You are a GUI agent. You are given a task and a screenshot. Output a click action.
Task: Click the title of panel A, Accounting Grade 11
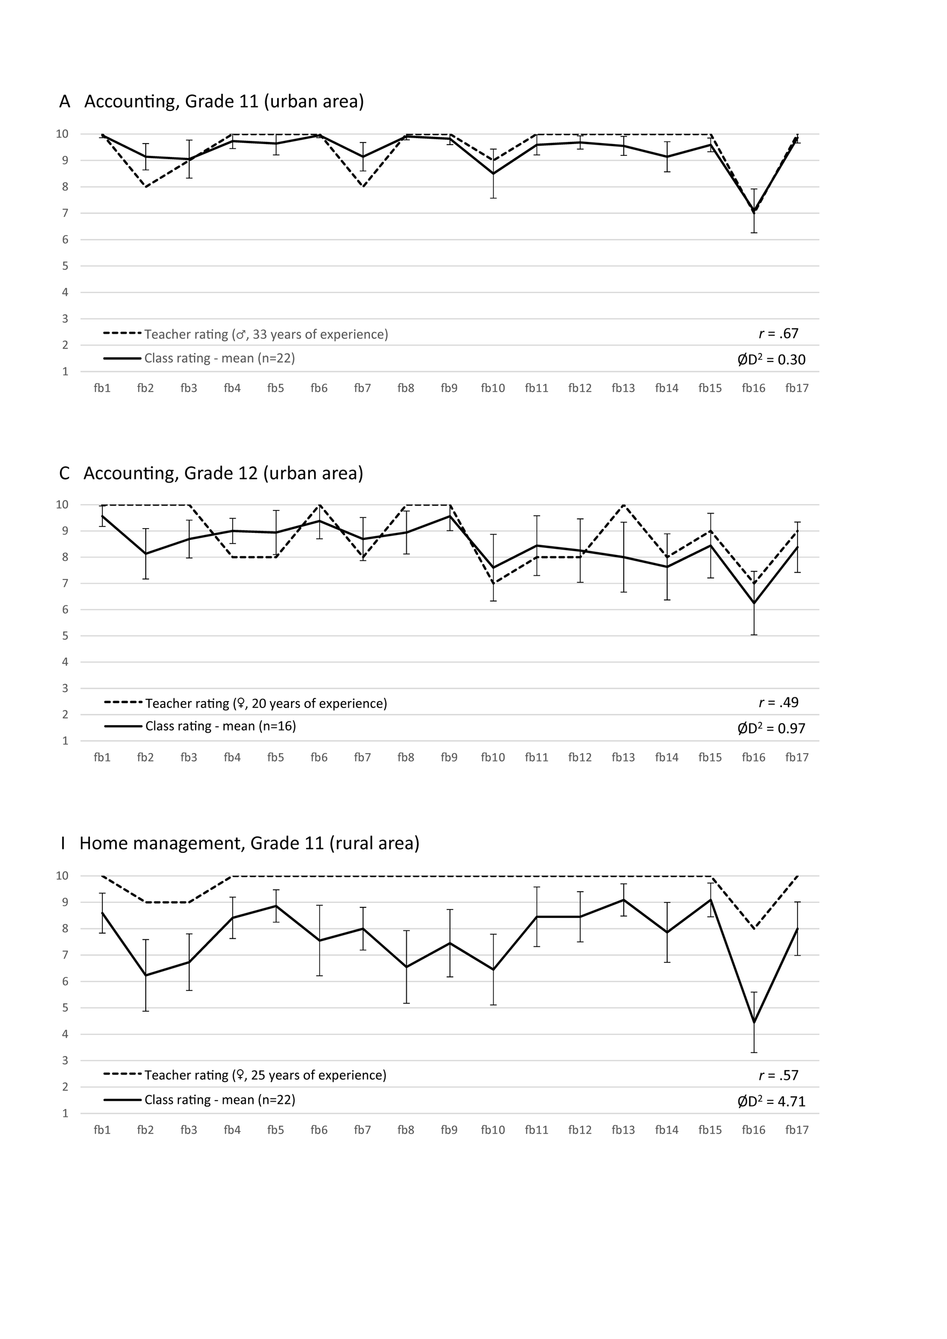(211, 101)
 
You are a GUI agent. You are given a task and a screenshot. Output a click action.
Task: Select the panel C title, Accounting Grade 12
(211, 473)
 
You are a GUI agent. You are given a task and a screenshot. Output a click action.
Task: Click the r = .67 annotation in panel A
(778, 334)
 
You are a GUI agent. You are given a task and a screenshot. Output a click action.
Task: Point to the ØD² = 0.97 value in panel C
(771, 728)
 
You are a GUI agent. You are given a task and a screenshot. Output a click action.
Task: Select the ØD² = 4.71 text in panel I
(771, 1102)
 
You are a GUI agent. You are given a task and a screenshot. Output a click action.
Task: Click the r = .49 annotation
(778, 702)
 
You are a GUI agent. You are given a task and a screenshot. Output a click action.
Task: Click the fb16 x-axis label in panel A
(754, 388)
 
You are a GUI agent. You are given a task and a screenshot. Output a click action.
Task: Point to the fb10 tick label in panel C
(493, 757)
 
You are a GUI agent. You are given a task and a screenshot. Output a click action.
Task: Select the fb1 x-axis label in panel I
(102, 1130)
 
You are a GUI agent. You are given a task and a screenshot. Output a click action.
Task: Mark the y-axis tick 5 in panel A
(65, 266)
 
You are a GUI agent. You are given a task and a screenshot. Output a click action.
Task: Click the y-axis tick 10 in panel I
(62, 876)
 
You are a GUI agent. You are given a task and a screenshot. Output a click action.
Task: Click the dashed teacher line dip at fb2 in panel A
(145, 186)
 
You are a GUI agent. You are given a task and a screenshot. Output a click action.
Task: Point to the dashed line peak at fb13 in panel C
(624, 505)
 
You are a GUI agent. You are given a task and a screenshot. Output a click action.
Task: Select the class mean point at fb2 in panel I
(145, 975)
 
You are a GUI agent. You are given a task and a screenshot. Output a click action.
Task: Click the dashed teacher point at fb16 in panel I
(754, 928)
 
